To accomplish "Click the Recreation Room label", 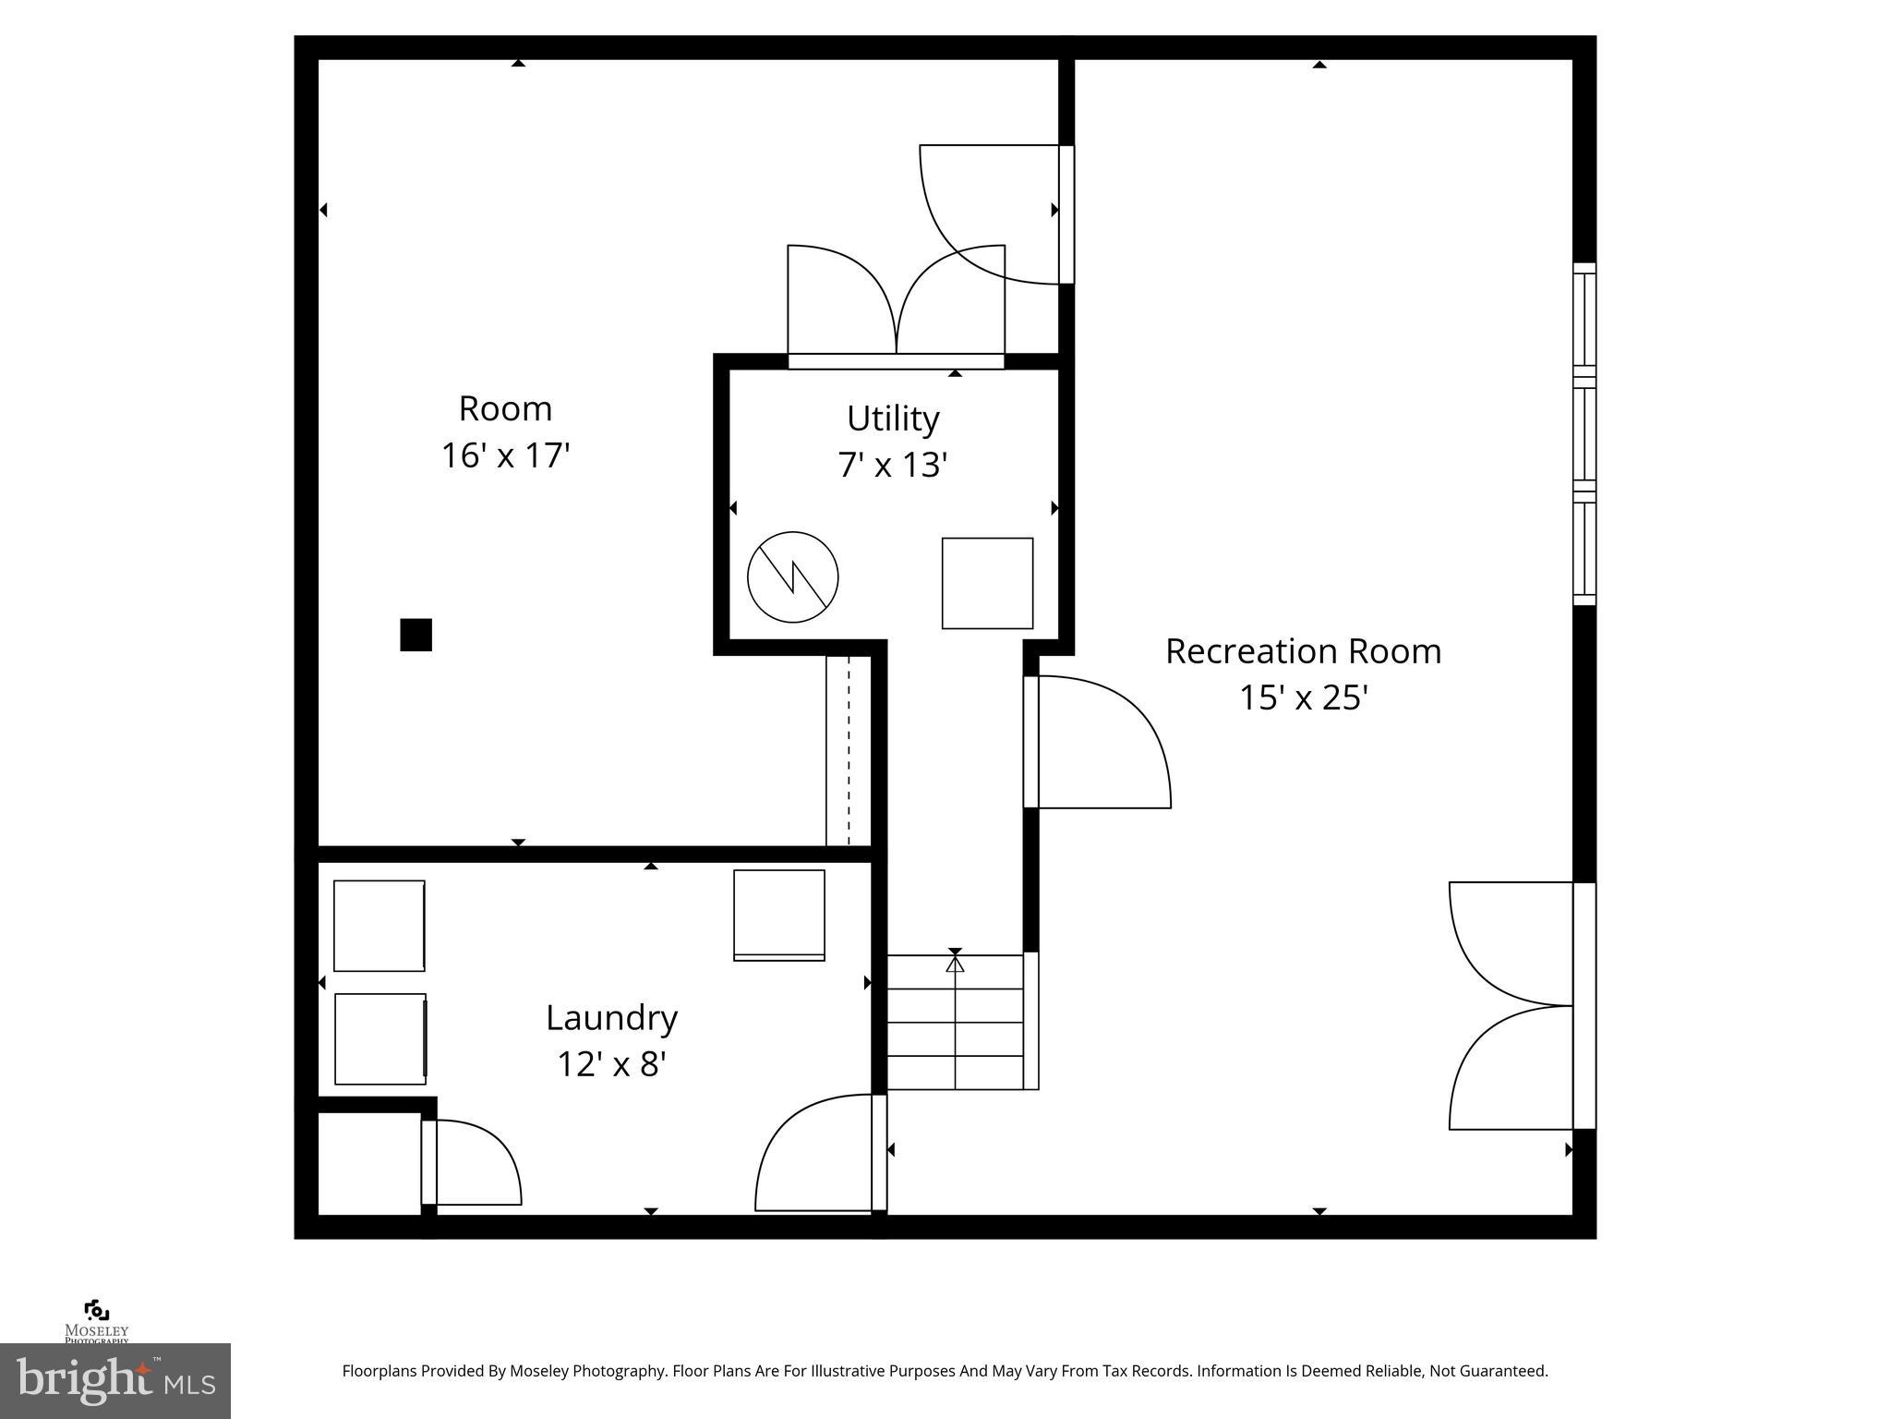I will [x=1303, y=651].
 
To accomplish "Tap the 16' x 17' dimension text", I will [x=505, y=455].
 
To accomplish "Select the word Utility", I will [x=893, y=418].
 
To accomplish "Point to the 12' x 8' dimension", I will [x=611, y=1064].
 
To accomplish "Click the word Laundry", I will [x=611, y=1018].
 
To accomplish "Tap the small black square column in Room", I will [x=416, y=635].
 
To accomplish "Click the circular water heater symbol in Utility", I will [x=792, y=576].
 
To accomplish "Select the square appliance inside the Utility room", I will [x=987, y=583].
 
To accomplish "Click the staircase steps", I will [x=955, y=1022].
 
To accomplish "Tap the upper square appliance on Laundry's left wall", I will [x=379, y=926].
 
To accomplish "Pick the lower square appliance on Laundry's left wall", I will [x=380, y=1038].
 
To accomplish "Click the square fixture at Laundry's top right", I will [x=778, y=915].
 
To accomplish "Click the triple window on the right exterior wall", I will [x=1584, y=434].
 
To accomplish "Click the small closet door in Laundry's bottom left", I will [x=473, y=1162].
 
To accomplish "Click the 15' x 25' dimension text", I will [x=1303, y=697].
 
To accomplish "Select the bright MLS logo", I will [x=115, y=1381].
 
